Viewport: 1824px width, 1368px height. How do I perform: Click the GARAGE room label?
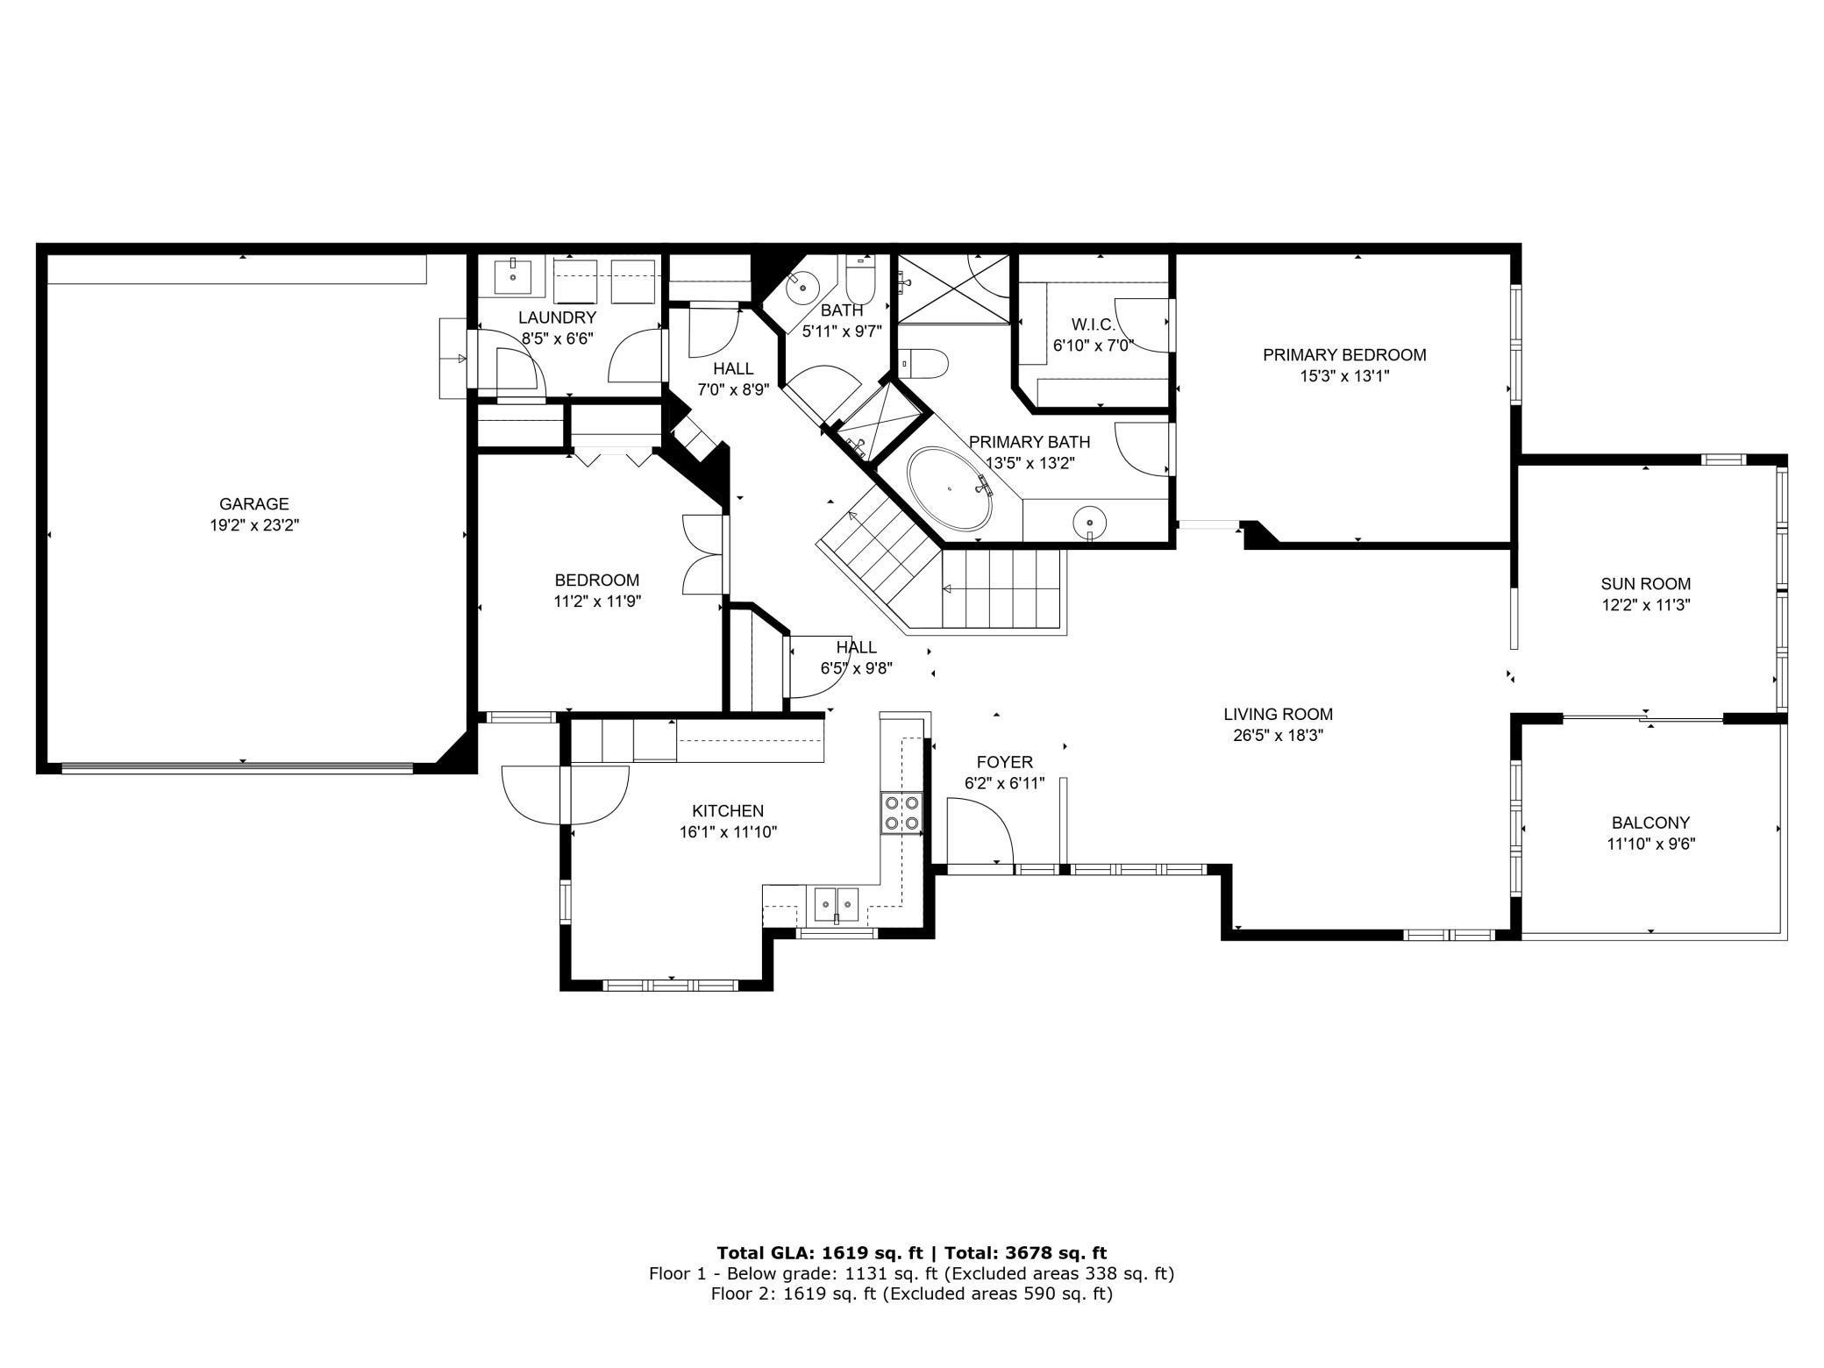tap(253, 504)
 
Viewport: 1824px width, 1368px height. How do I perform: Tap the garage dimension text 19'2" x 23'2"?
tap(253, 525)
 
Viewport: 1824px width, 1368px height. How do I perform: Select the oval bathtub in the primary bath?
tap(951, 489)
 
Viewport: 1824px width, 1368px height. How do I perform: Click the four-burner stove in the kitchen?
tap(901, 812)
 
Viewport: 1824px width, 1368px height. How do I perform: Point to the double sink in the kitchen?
tap(837, 902)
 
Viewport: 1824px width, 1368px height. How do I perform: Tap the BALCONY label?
tap(1650, 823)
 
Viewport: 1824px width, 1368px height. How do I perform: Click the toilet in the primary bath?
tap(925, 363)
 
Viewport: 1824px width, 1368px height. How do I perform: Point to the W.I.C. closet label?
tap(1093, 324)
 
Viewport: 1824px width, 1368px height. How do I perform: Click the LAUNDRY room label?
tap(557, 317)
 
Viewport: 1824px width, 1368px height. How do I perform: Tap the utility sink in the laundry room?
tap(513, 276)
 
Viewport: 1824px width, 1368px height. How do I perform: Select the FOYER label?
tap(1004, 763)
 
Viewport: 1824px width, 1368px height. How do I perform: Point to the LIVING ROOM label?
tap(1279, 715)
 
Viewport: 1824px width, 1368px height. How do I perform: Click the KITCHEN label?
tap(728, 811)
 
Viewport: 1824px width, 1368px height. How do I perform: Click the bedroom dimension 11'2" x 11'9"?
tap(597, 602)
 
